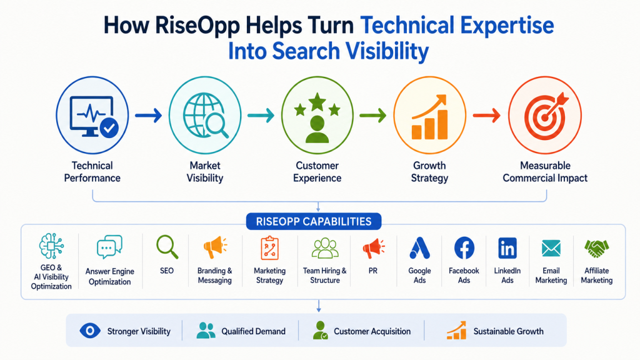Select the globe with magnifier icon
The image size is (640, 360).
[205, 116]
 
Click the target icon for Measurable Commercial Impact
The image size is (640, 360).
[546, 116]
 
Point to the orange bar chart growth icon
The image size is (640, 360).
[430, 117]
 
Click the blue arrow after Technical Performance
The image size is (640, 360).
[149, 116]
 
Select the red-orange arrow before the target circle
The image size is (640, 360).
[486, 116]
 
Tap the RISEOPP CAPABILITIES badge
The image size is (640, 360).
[314, 222]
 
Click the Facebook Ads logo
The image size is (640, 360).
[464, 247]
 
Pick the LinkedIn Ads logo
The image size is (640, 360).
[507, 248]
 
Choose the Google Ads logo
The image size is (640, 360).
[419, 248]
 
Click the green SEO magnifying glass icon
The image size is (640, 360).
[167, 247]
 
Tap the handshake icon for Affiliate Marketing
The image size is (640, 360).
[596, 248]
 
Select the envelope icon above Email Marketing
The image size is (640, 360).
[551, 248]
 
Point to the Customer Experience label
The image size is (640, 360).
[317, 172]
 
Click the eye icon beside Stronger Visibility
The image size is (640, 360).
[90, 330]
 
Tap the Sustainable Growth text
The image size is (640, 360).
[508, 331]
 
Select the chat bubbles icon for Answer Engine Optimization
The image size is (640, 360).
[109, 246]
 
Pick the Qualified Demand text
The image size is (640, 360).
[254, 331]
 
